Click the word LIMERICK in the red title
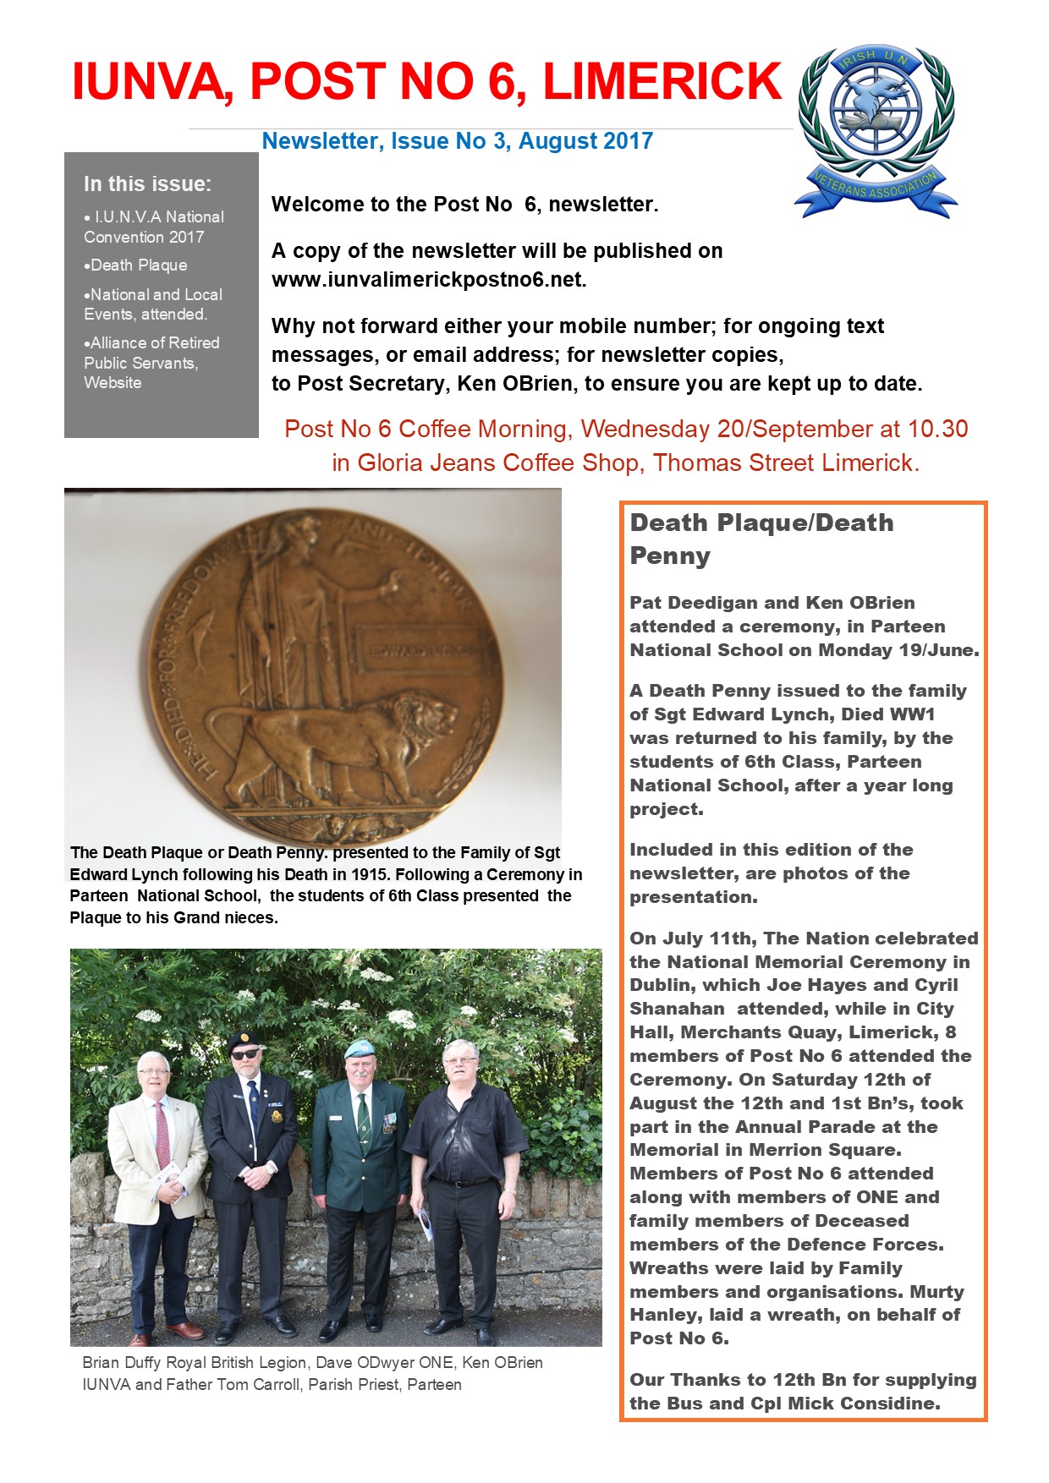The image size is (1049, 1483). click(x=662, y=83)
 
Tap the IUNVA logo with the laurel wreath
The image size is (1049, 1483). click(x=876, y=131)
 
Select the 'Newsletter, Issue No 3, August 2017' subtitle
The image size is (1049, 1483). click(x=458, y=141)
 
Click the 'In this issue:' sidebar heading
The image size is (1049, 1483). click(x=147, y=183)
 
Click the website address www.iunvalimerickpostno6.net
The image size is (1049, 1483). click(x=428, y=280)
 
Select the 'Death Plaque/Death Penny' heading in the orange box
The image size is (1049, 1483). click(x=761, y=539)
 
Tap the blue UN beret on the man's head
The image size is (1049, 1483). click(x=359, y=1048)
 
